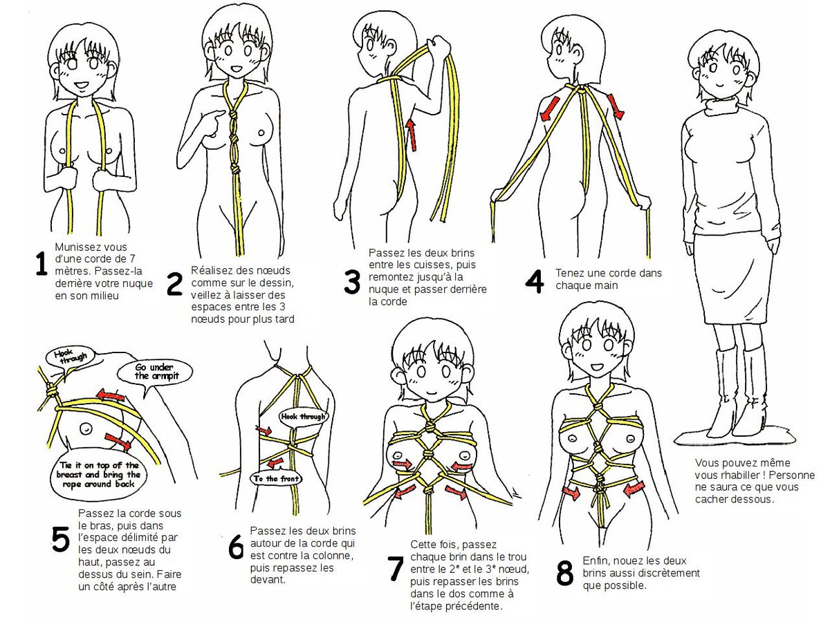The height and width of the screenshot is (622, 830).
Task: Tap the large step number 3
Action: (353, 281)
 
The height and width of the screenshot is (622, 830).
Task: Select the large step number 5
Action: (61, 540)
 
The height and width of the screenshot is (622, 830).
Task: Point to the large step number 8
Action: (565, 573)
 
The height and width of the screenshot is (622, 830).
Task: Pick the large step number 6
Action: (235, 549)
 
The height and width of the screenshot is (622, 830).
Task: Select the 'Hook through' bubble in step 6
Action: (302, 417)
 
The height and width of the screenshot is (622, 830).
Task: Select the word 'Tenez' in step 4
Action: (569, 273)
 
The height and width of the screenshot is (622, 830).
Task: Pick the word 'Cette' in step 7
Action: (424, 545)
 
